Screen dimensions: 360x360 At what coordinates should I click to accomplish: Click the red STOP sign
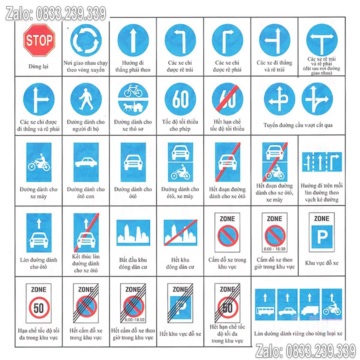[x=39, y=40]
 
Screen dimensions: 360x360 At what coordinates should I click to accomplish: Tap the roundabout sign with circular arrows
[x=86, y=40]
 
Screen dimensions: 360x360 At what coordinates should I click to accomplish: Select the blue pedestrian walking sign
[x=86, y=99]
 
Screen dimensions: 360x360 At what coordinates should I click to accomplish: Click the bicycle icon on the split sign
[x=133, y=91]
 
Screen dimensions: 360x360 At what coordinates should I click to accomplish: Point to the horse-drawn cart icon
[x=133, y=107]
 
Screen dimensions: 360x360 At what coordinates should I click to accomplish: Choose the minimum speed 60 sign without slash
[x=180, y=99]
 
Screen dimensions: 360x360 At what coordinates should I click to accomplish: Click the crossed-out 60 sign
[x=227, y=99]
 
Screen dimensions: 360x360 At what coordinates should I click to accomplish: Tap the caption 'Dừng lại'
[x=38, y=66]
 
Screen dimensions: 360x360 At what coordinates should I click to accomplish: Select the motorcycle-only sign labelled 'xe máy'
[x=39, y=162]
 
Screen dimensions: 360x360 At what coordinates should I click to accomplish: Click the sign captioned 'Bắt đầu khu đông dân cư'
[x=133, y=232]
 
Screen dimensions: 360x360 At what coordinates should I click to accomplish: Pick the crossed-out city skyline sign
[x=181, y=232]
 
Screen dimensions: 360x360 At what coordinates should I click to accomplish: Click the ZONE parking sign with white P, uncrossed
[x=322, y=232]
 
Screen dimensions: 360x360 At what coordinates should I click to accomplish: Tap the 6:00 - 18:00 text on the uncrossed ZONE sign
[x=274, y=249]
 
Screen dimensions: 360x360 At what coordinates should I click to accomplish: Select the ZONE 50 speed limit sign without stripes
[x=39, y=303]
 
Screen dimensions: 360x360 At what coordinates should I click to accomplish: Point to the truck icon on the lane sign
[x=310, y=310]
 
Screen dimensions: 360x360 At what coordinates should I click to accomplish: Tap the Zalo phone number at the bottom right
[x=306, y=350]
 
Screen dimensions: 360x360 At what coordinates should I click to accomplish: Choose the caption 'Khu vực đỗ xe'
[x=322, y=263]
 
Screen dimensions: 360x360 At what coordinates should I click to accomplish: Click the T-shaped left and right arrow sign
[x=322, y=40]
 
